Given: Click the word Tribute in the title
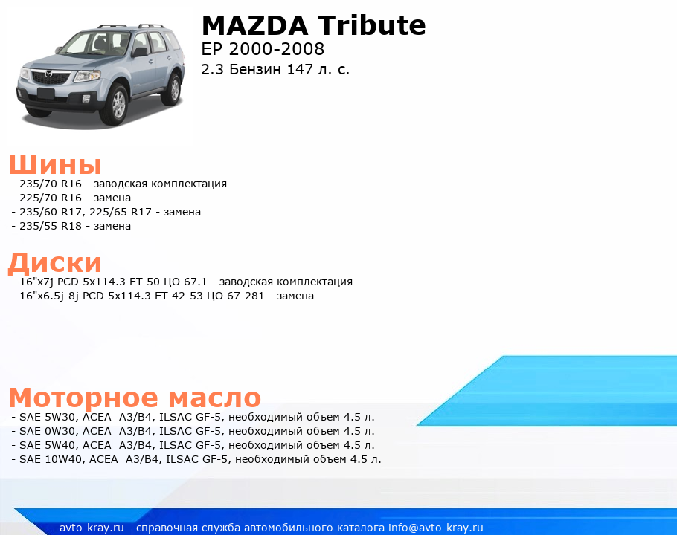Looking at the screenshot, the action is pos(372,25).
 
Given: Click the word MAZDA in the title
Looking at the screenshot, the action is pos(254,25).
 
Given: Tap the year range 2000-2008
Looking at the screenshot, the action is pos(276,49).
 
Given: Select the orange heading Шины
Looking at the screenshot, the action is pos(55,164).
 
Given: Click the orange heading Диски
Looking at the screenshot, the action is pos(55,262).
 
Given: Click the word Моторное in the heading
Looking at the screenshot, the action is pos(83,398).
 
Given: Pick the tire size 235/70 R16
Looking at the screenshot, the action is pos(51,184).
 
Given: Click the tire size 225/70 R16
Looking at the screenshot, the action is pos(51,198).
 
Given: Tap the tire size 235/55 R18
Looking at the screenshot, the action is pos(51,226).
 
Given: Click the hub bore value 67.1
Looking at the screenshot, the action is pos(195,282).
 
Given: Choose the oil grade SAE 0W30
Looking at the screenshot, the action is pos(48,431).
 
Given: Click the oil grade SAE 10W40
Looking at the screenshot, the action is pos(51,459).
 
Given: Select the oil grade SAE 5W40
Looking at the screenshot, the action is pos(48,445).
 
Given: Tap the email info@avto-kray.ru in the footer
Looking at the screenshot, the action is pos(436,528).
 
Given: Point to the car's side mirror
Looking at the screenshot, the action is pos(139,53).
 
